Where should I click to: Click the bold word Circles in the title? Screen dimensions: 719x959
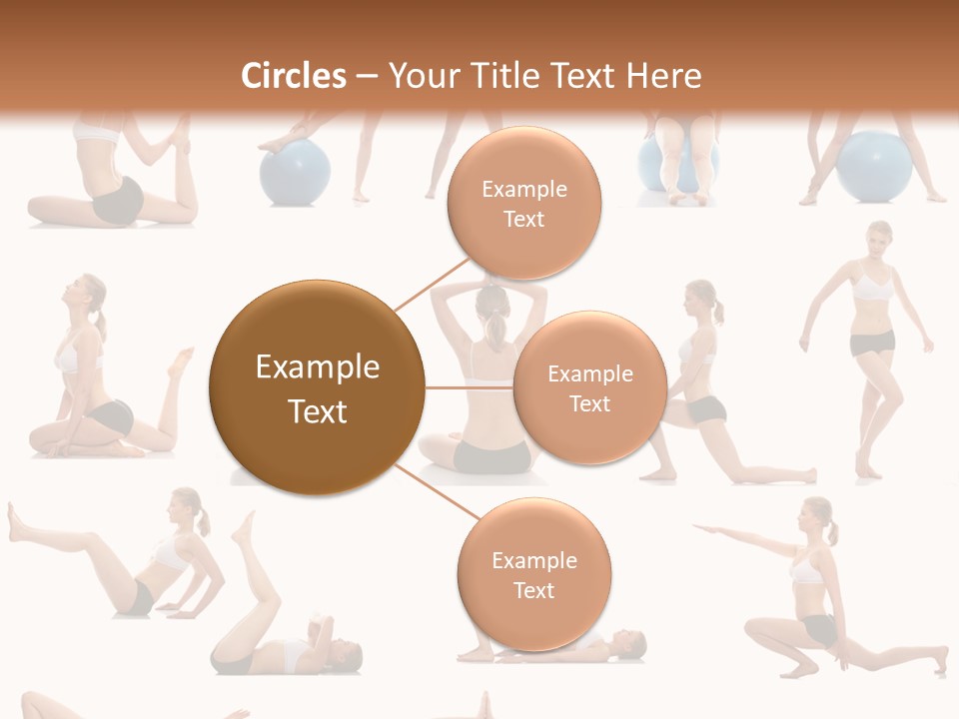point(294,75)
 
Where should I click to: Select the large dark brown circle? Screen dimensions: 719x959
point(317,387)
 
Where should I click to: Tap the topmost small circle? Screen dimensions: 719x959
point(523,203)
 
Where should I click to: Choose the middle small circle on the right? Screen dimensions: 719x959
point(589,387)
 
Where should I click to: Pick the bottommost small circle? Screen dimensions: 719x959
point(533,574)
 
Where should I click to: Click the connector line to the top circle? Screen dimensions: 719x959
point(432,283)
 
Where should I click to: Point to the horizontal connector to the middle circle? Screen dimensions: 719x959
point(469,387)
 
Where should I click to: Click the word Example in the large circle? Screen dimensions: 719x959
point(317,367)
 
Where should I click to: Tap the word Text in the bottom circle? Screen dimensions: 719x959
point(533,590)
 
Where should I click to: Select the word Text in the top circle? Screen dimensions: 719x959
point(523,219)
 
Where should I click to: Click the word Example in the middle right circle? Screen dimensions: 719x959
point(589,373)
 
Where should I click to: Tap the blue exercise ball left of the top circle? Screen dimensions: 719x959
point(295,172)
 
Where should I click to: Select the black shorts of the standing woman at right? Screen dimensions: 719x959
point(871,344)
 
